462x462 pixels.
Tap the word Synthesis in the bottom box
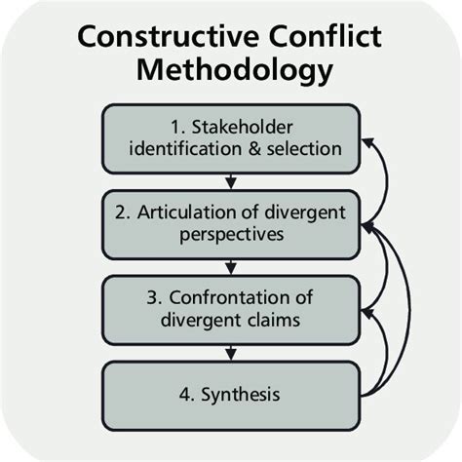[x=246, y=396]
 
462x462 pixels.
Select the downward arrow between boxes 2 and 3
[x=231, y=263]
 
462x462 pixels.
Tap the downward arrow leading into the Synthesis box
[x=231, y=349]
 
